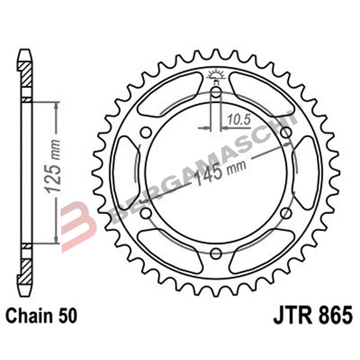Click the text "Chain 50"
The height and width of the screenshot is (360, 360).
[42, 315]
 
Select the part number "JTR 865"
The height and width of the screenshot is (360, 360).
[312, 315]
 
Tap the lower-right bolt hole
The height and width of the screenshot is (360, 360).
[285, 213]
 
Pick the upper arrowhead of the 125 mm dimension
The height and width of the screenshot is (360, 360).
[56, 106]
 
